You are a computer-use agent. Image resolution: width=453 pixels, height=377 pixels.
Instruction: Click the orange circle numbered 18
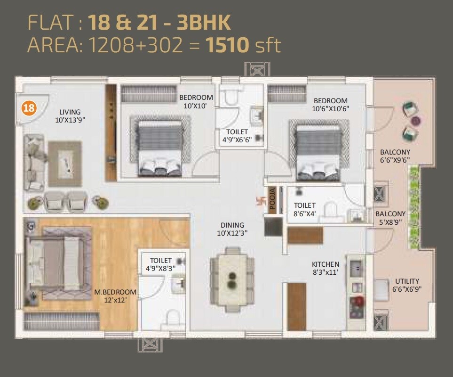point(29,108)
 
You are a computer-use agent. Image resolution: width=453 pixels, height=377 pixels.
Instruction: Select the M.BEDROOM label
point(115,292)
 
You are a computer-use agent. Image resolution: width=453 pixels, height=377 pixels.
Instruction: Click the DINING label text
point(232,225)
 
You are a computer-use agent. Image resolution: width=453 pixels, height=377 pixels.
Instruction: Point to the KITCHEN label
point(326,264)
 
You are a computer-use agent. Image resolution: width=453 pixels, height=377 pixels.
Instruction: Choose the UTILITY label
point(407,281)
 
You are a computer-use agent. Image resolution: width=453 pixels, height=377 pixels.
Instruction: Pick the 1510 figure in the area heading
point(228,46)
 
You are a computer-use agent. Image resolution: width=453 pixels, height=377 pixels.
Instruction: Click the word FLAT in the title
point(48,22)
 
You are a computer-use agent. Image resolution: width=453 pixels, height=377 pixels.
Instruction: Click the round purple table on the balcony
point(416,121)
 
